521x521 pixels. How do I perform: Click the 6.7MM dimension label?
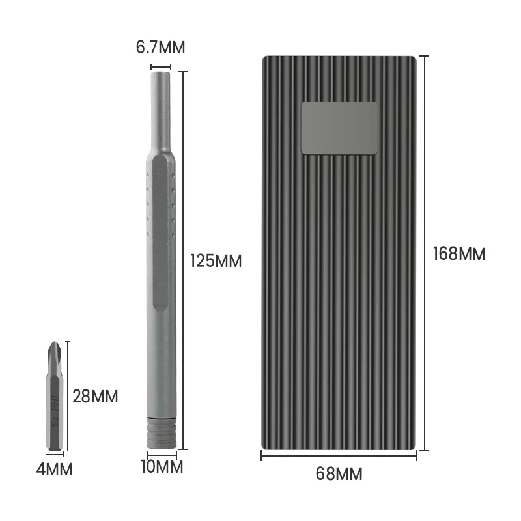point(160,48)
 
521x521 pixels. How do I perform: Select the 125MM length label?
point(216,261)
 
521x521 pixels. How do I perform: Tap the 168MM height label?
point(459,253)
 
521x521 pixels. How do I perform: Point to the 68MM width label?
point(339,473)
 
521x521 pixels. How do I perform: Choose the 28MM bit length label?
point(95,396)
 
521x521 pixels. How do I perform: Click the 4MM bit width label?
point(54,469)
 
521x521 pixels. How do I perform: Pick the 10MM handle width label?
point(161,467)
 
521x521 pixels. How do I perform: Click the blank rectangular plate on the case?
point(339,128)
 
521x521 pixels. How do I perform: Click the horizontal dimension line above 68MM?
point(339,456)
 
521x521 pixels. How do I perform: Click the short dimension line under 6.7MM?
point(160,66)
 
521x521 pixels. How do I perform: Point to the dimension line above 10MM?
point(161,455)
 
